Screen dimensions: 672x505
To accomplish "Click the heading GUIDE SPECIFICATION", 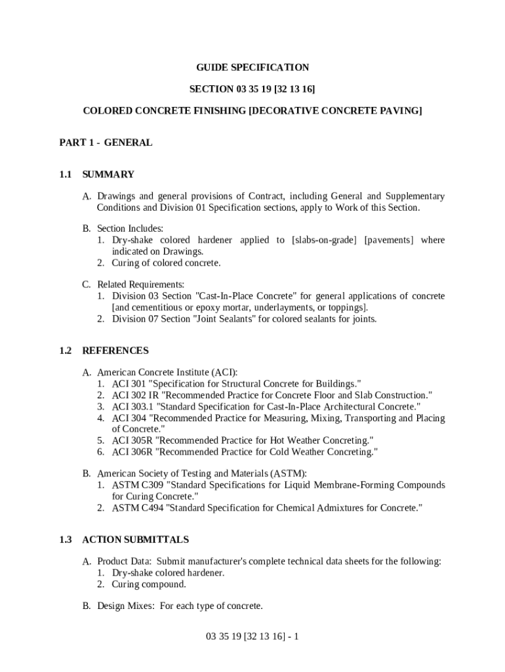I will [x=253, y=68].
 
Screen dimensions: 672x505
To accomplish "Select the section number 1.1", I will [x=64, y=175].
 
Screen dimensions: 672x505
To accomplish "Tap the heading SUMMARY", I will [x=108, y=175].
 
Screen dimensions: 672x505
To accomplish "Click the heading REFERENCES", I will [x=115, y=350].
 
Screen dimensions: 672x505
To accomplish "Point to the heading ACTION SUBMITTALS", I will [x=135, y=539].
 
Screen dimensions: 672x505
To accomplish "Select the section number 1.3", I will [x=64, y=539].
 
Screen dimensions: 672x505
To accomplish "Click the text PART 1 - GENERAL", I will [x=106, y=142].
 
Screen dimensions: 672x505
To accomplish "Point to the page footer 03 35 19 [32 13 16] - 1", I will [x=253, y=637].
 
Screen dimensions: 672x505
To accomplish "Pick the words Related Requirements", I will [x=140, y=285].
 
